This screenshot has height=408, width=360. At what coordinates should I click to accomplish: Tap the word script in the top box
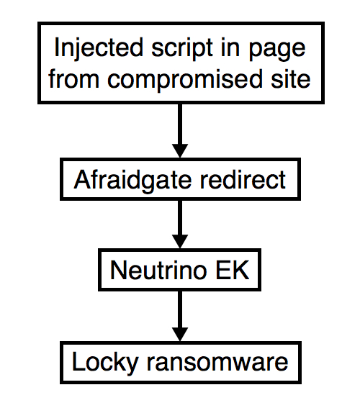tap(182, 50)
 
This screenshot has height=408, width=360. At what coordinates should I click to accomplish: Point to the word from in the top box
tap(73, 78)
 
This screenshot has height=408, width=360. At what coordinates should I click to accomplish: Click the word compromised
tap(185, 80)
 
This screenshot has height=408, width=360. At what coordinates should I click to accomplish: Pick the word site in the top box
tap(290, 78)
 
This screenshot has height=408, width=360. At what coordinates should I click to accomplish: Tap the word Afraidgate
tap(132, 181)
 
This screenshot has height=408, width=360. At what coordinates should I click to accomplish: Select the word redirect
tap(243, 180)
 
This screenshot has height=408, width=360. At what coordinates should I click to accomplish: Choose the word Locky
tap(105, 363)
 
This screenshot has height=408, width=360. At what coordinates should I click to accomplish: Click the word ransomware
tap(217, 362)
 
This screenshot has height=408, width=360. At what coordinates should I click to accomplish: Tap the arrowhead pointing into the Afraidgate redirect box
tap(180, 150)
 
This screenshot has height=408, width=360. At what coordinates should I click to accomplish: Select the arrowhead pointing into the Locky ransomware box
tap(180, 334)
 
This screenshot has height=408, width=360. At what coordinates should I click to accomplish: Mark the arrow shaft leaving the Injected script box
tap(180, 124)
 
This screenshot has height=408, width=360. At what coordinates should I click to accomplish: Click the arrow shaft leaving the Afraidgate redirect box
tap(180, 217)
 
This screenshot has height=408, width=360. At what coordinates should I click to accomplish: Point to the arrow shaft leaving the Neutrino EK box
tap(180, 309)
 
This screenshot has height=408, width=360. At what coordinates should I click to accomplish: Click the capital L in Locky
tap(78, 361)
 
